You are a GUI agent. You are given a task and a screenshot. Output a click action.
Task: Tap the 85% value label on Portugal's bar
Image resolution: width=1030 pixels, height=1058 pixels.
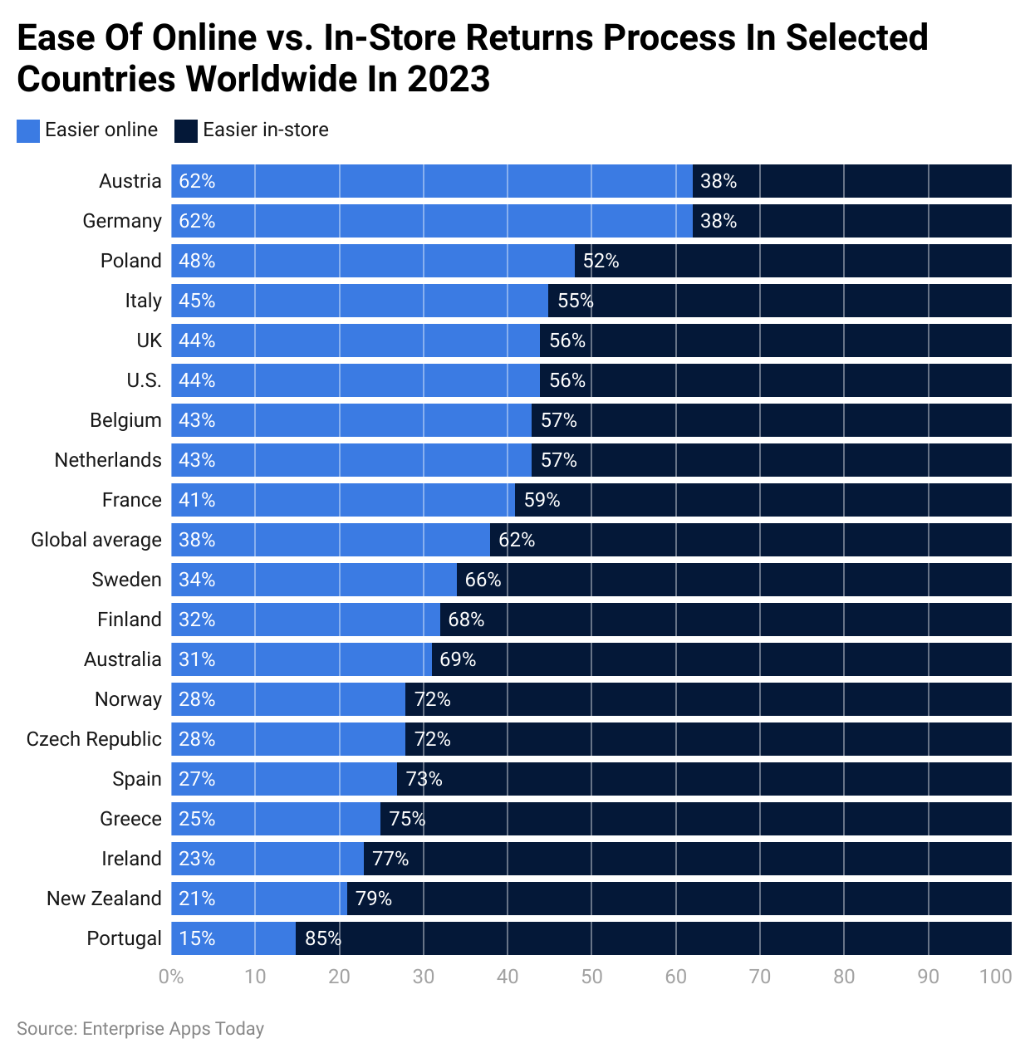click(x=322, y=938)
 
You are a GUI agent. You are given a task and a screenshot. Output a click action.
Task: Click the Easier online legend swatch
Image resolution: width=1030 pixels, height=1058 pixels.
click(x=28, y=130)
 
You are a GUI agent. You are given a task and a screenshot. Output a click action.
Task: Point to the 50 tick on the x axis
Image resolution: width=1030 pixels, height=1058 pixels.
click(x=591, y=977)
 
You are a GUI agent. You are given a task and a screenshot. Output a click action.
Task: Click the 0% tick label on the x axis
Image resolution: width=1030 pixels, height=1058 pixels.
click(x=171, y=977)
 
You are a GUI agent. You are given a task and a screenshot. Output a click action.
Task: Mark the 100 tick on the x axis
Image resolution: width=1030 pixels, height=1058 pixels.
click(x=995, y=977)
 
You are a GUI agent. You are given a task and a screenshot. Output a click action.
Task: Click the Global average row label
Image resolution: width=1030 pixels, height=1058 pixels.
click(x=96, y=540)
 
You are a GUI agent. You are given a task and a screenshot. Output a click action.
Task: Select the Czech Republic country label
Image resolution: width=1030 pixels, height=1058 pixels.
click(x=94, y=739)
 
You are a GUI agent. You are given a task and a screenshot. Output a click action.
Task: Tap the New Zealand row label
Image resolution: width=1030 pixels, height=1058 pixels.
click(x=104, y=899)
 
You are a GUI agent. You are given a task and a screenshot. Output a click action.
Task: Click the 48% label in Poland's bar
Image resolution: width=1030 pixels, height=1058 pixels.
click(x=197, y=261)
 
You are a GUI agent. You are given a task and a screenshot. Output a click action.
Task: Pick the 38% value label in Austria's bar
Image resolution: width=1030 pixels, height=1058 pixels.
click(x=718, y=181)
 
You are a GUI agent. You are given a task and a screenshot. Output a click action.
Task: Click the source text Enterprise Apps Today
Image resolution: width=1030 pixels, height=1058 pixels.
click(x=173, y=1029)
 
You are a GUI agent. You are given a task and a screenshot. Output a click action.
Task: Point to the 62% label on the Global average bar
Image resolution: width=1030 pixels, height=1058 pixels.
click(x=516, y=540)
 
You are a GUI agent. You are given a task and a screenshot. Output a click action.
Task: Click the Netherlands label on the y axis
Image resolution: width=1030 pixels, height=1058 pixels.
click(x=108, y=460)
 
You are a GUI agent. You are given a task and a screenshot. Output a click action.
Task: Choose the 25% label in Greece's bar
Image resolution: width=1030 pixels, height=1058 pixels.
click(x=197, y=819)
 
